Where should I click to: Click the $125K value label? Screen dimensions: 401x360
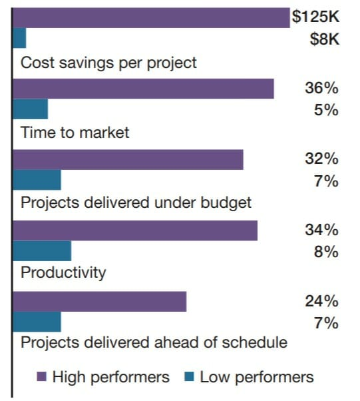click(x=315, y=17)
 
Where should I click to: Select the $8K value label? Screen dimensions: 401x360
click(x=325, y=39)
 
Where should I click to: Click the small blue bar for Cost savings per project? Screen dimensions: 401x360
click(x=20, y=39)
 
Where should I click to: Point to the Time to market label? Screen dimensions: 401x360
click(x=75, y=133)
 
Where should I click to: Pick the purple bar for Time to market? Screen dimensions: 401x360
click(x=144, y=89)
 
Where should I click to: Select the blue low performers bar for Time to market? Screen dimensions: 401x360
click(x=31, y=109)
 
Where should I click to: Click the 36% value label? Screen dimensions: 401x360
click(x=321, y=89)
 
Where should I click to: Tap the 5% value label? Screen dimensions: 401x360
click(x=326, y=110)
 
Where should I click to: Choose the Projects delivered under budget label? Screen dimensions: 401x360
click(x=136, y=202)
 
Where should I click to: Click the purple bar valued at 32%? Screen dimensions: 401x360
click(x=128, y=159)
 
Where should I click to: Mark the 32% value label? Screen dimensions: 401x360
click(x=321, y=159)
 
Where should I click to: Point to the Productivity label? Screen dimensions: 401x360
click(x=63, y=272)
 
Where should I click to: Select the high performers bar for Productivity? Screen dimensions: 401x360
click(x=135, y=230)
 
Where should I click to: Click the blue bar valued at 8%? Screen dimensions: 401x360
click(x=42, y=251)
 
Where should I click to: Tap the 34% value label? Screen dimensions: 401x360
click(x=321, y=230)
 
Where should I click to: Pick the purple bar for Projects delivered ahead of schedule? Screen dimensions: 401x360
click(x=100, y=301)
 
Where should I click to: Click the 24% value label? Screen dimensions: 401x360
click(x=321, y=301)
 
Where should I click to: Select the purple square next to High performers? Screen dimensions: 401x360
click(x=42, y=378)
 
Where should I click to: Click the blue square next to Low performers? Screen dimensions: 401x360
click(x=189, y=378)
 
